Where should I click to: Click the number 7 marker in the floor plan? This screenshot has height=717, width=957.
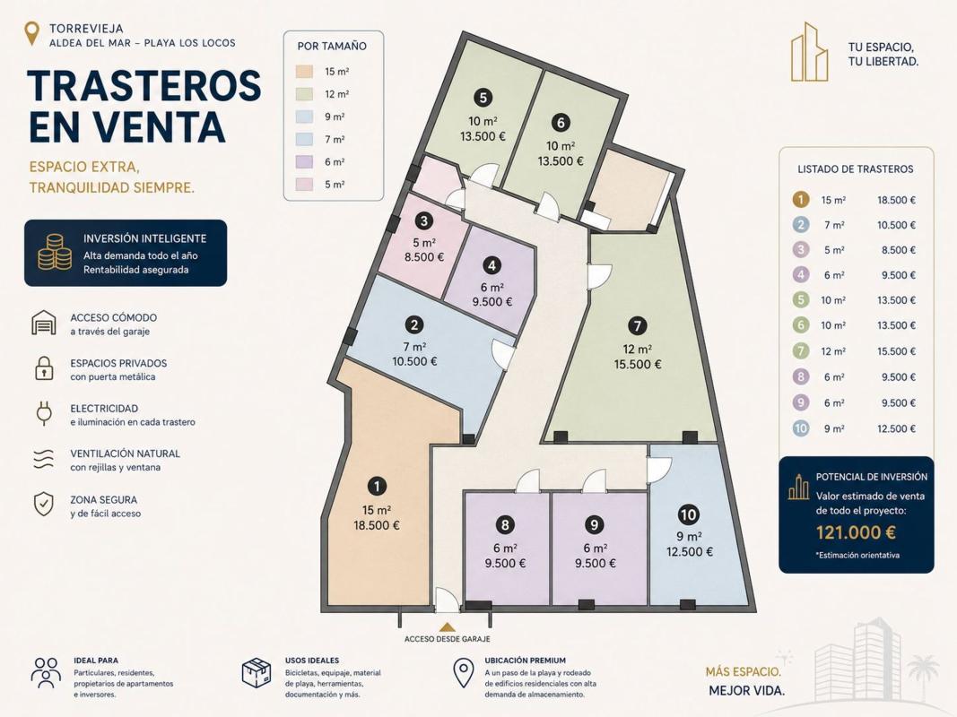pos(637,325)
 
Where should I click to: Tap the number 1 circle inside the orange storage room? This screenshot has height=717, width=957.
pos(378,486)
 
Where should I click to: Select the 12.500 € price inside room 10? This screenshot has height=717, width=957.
pos(690,552)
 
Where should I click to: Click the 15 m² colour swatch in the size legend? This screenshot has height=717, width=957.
pos(304,72)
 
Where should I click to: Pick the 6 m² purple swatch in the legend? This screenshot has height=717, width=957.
pos(304,161)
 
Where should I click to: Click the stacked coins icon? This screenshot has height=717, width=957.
pos(55,253)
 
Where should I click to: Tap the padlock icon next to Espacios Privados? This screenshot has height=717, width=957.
pos(44,368)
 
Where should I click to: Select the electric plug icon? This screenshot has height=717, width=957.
pos(44,413)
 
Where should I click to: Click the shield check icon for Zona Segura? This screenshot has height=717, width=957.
pos(43,505)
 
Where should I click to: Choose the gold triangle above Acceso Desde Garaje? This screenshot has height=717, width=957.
pos(448,626)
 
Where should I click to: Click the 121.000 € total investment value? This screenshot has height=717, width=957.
pos(856,532)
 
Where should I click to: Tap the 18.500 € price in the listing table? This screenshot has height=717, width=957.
pos(897,200)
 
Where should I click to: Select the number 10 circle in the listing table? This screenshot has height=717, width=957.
pos(801,428)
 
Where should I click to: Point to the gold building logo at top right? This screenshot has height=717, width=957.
pos(810,52)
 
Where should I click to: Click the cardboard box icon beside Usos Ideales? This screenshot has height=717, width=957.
pos(257,672)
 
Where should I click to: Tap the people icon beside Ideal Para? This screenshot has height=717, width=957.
pos(47,672)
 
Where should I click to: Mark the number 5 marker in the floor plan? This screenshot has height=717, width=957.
pos(483,98)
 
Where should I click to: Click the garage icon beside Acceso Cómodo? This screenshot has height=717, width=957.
pos(44,322)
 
